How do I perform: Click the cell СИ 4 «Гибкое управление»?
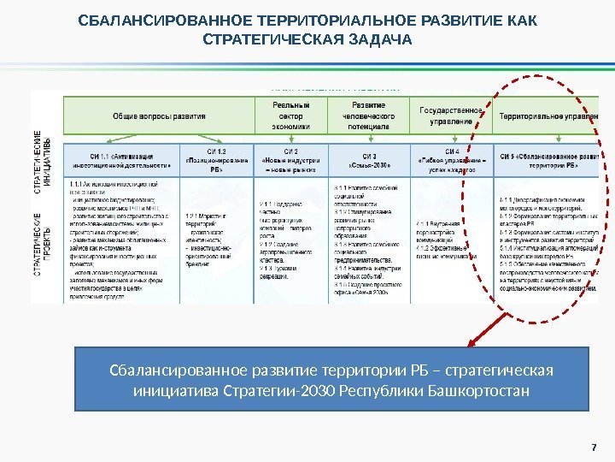(452, 162)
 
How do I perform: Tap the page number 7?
(589, 442)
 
